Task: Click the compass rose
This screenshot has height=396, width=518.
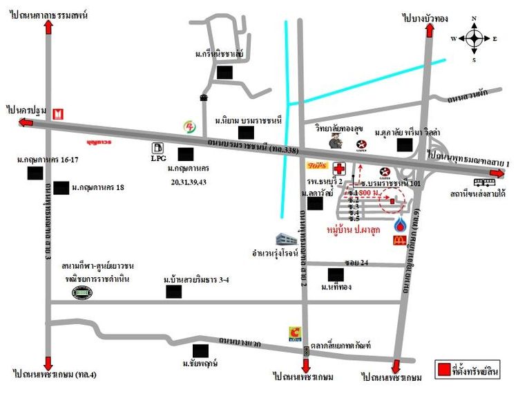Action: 474,39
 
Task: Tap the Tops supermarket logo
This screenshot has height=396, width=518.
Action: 316,166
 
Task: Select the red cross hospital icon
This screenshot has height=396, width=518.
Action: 339,170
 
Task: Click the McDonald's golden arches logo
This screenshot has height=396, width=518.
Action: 399,241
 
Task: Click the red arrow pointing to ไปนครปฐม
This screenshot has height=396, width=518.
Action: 25,123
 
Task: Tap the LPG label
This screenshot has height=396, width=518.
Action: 158,157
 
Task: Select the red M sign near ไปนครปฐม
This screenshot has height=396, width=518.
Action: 59,114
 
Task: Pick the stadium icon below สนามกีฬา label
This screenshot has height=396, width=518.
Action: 81,292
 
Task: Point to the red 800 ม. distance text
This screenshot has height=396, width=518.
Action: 369,193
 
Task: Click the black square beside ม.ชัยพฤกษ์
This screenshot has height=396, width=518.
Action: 201,350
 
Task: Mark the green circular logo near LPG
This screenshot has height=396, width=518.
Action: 189,126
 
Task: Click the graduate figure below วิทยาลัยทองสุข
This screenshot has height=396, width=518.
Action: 335,142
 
